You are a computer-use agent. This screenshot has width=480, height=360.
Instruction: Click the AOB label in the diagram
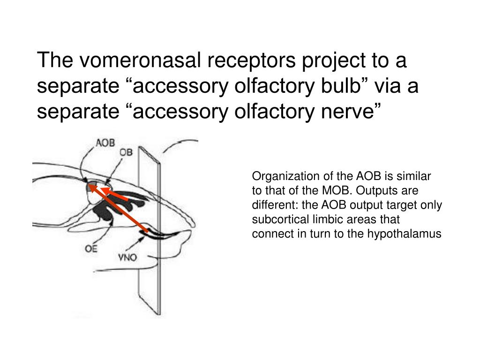105,143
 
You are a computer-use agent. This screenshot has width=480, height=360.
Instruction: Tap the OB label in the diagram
126,152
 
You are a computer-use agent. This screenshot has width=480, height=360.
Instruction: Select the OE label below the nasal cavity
91,249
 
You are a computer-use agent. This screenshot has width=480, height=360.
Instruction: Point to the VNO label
127,257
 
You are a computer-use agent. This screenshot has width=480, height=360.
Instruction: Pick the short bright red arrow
115,195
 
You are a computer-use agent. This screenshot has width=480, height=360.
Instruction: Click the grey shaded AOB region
92,187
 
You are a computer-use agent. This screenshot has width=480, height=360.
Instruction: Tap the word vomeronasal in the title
140,60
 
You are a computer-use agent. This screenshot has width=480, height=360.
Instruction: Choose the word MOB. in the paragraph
336,190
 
